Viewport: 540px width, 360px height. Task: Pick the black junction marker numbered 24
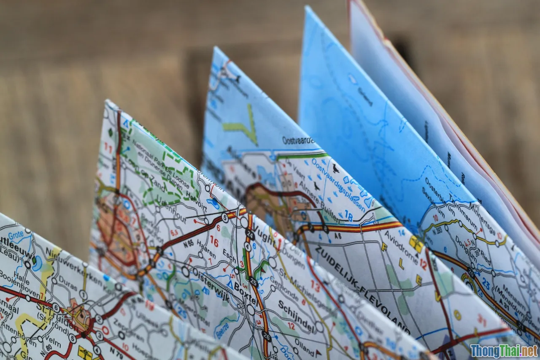point(250,235)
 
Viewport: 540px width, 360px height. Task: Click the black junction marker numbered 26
point(266,336)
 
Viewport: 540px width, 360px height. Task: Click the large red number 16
point(214,241)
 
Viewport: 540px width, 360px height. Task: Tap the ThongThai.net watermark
point(504,350)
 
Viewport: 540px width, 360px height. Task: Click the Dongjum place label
point(465,249)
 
